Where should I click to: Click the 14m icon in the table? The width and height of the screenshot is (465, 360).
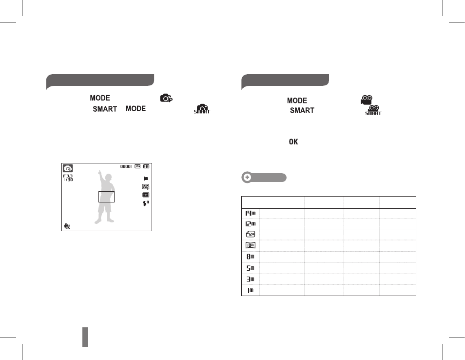[251, 213]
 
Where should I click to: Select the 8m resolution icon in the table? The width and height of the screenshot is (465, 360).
[251, 257]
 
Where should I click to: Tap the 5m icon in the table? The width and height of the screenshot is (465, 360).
[251, 268]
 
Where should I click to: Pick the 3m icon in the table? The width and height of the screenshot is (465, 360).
[251, 280]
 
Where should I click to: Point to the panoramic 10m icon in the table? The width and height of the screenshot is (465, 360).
[251, 245]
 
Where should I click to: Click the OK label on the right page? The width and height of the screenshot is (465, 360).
[293, 142]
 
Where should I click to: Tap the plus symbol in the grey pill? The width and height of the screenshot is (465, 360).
[247, 178]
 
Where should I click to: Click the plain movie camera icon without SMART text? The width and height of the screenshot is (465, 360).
[367, 100]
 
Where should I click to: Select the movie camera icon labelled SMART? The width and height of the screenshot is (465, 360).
[373, 110]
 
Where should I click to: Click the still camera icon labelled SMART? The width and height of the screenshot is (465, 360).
[202, 109]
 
